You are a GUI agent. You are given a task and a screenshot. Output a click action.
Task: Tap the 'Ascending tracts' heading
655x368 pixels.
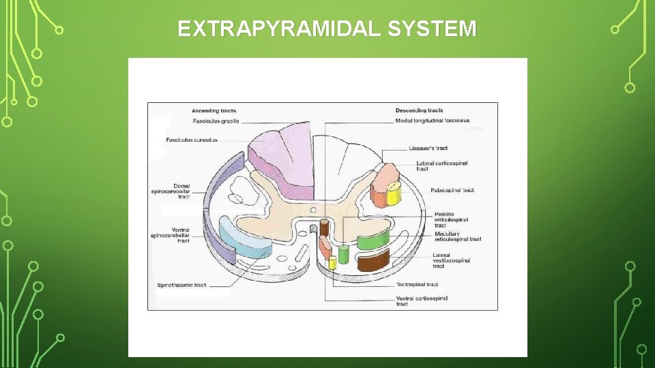[214, 110]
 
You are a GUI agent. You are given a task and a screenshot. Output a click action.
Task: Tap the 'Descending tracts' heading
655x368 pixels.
[419, 110]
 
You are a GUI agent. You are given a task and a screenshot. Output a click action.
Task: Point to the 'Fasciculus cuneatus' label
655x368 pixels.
[192, 140]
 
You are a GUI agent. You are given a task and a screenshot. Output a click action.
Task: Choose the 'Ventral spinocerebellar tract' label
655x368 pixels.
[171, 236]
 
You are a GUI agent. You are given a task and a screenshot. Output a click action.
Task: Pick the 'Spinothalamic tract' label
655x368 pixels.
[181, 285]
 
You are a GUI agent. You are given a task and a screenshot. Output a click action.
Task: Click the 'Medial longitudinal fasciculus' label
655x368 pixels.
[433, 121]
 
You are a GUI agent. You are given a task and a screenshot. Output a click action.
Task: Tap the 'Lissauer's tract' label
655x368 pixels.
[428, 148]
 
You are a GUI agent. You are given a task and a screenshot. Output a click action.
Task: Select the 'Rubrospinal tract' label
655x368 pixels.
[452, 190]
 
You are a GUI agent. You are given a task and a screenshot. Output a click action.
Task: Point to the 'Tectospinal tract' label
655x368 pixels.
[417, 284]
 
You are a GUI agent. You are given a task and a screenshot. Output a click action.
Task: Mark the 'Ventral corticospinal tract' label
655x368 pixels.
[422, 301]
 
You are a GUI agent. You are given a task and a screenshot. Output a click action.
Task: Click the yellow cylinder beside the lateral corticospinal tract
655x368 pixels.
[394, 194]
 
